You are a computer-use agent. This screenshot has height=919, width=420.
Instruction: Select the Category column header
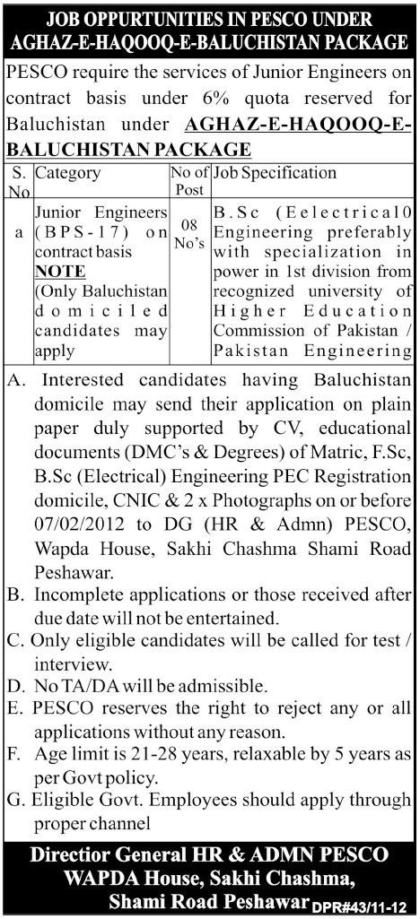(x=68, y=173)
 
